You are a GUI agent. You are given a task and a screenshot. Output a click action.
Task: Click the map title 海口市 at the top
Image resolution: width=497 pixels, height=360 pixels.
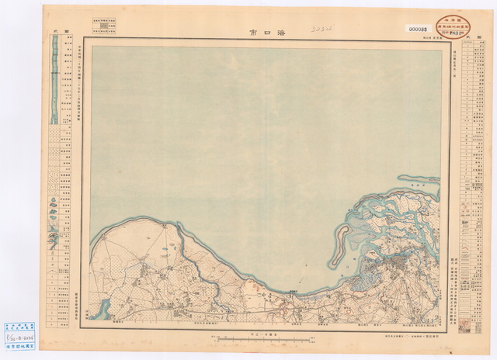click(264, 33)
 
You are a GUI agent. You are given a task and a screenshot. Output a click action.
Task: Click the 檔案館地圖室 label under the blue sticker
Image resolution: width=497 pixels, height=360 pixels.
click(19, 348)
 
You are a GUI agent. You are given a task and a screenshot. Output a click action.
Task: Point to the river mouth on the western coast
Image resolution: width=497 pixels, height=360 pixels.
click(181, 230)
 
